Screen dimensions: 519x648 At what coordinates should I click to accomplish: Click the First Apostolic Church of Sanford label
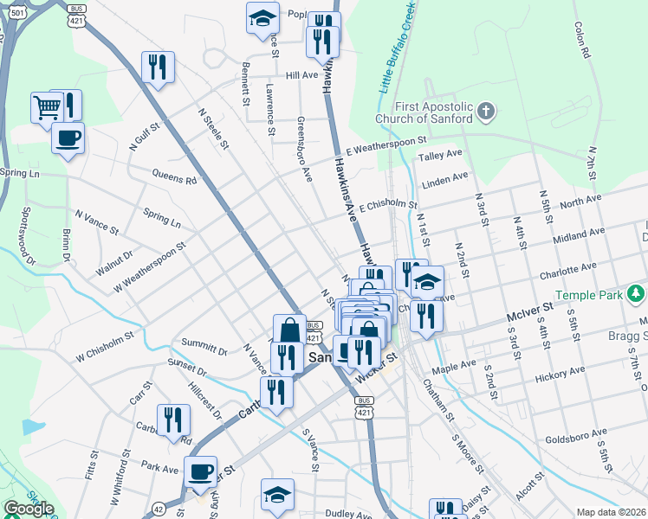click(424, 112)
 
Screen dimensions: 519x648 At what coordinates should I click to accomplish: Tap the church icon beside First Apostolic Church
click(486, 111)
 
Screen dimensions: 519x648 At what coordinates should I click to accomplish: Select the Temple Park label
click(589, 295)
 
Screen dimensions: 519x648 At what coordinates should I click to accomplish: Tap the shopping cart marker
click(46, 107)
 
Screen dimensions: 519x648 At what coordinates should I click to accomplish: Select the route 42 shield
click(159, 509)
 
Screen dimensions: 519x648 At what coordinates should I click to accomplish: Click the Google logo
click(29, 509)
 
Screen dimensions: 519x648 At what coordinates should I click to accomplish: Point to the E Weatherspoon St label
click(386, 144)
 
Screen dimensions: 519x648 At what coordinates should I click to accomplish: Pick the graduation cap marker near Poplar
click(262, 19)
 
